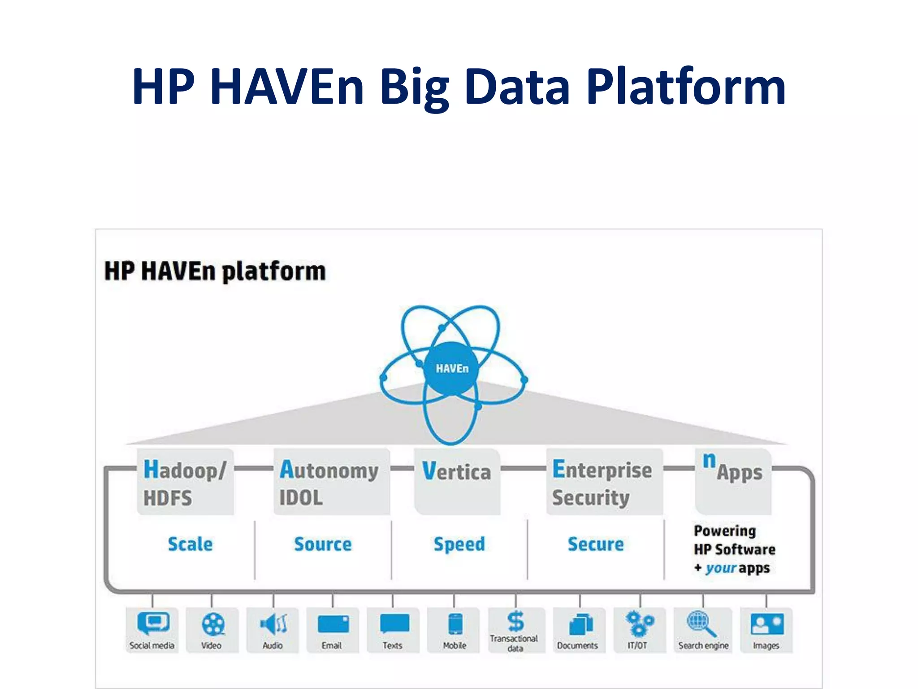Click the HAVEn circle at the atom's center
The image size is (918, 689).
[x=451, y=369]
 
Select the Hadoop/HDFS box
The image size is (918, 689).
[x=186, y=482]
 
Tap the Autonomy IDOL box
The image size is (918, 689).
[x=331, y=482]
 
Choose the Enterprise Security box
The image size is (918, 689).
[x=603, y=482]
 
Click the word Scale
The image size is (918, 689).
[x=190, y=544]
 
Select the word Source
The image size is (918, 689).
[x=323, y=544]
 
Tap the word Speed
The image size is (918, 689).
[x=459, y=544]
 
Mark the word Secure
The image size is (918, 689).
[x=596, y=544]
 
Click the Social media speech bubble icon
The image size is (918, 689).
[x=153, y=623]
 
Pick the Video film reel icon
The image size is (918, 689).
[x=213, y=624]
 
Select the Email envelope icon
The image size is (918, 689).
[x=333, y=624]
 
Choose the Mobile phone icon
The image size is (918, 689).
[x=455, y=624]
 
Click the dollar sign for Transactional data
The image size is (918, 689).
[x=515, y=621]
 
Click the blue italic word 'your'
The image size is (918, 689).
[x=721, y=568]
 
